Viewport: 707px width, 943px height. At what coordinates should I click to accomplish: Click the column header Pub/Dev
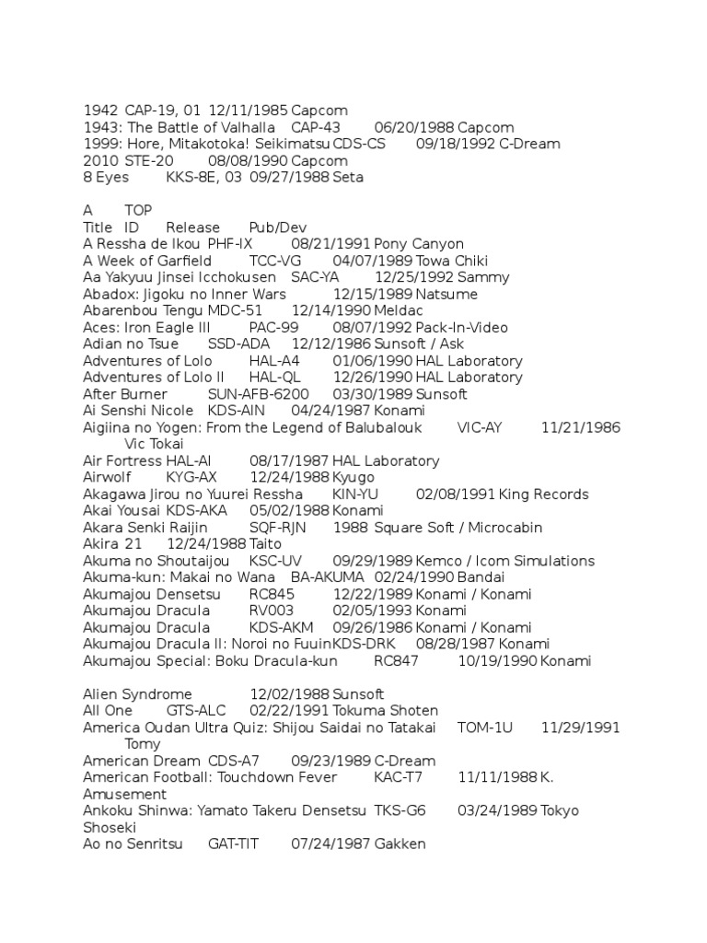click(x=278, y=227)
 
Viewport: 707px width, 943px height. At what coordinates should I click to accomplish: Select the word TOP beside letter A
click(x=139, y=211)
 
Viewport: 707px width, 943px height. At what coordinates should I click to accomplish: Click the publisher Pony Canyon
click(x=419, y=244)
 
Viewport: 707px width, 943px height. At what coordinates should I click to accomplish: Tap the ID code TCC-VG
click(x=275, y=261)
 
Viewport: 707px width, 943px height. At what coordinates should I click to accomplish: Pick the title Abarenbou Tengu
click(x=143, y=310)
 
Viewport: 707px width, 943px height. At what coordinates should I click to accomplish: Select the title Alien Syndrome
click(x=137, y=694)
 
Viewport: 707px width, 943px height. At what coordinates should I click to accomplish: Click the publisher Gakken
click(x=400, y=844)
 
